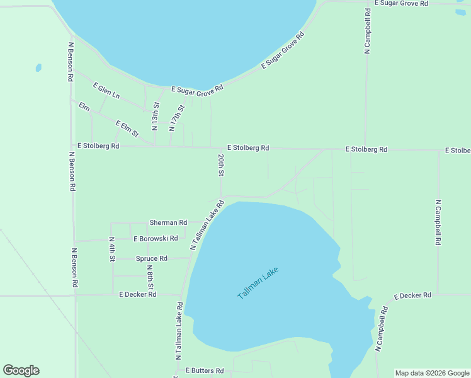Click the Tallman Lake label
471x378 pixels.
tap(258, 283)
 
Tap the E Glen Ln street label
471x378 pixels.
tap(106, 90)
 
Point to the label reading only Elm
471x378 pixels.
tap(84, 107)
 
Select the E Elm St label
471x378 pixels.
tap(127, 128)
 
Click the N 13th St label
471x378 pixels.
tap(156, 114)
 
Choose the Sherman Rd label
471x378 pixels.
tap(168, 222)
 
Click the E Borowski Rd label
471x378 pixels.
tap(156, 239)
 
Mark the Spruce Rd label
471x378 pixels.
tap(151, 258)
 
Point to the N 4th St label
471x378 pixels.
tap(111, 249)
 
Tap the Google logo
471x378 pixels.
tap(21, 370)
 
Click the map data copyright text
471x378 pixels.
tap(432, 373)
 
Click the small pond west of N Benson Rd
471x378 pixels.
tap(38, 67)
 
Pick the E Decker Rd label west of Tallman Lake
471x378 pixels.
tap(137, 294)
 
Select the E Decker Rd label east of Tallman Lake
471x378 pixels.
tap(412, 295)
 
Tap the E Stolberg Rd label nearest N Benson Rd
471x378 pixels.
tap(98, 146)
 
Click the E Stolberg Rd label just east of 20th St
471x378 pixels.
tap(248, 147)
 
